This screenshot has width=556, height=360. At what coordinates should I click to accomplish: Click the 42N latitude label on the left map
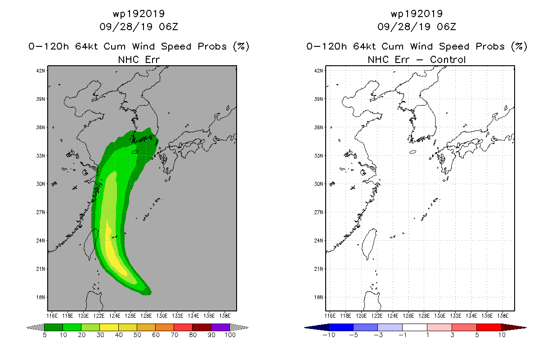click(40, 71)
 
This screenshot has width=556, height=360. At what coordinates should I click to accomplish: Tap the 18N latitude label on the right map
click(318, 297)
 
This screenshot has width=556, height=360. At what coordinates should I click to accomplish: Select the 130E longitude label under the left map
click(162, 316)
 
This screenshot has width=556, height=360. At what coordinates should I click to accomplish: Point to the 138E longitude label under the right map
click(503, 316)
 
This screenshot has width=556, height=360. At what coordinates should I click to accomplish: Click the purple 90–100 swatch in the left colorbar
click(220, 327)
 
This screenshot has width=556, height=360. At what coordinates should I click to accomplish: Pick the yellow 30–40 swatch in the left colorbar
click(109, 327)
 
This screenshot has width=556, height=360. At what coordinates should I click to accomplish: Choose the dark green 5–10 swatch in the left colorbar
click(54, 327)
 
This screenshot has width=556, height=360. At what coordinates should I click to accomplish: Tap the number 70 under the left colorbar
click(175, 335)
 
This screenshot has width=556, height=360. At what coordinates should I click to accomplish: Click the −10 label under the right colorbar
click(329, 335)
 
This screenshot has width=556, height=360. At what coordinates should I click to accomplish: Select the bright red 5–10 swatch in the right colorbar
click(489, 327)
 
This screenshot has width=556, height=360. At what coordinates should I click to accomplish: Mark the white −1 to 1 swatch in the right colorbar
click(415, 327)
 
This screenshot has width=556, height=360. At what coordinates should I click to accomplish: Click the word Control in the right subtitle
click(448, 60)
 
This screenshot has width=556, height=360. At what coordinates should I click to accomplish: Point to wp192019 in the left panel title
click(139, 14)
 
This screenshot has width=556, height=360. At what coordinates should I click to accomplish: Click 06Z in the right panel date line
click(446, 27)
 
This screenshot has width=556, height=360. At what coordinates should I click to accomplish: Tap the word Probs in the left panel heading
click(212, 46)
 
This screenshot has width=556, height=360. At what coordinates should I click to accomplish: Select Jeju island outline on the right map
click(413, 152)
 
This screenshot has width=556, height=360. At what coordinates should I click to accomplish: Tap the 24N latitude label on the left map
click(40, 241)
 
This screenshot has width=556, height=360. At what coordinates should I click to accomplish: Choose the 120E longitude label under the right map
click(361, 316)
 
